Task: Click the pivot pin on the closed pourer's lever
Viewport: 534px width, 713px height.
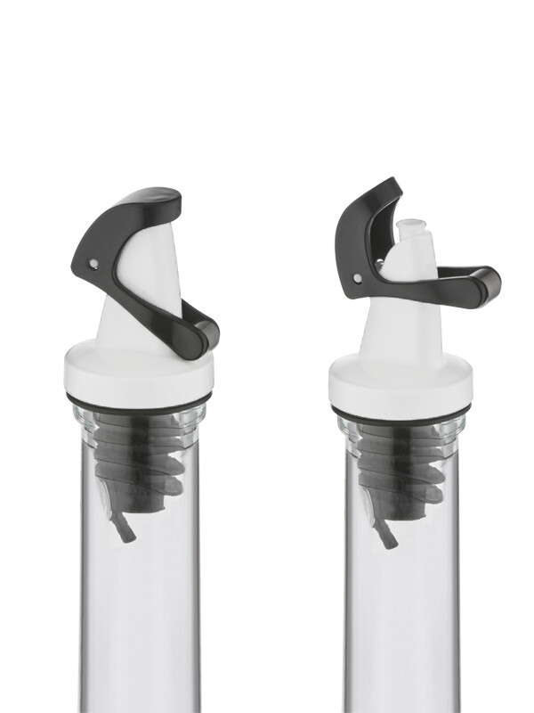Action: pos(93,263)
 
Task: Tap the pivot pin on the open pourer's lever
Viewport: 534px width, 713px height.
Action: pos(358,278)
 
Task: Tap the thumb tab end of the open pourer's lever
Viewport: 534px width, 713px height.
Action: pos(485,285)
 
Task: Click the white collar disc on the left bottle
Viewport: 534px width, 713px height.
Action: pos(138,374)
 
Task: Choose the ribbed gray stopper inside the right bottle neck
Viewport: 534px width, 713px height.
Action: pos(400,472)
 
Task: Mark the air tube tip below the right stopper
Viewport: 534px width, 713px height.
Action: pos(389,540)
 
